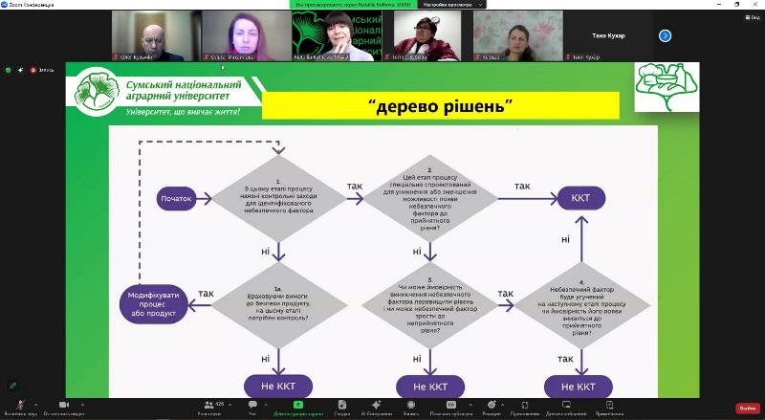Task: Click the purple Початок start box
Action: click(x=177, y=199)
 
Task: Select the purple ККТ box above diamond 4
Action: click(x=580, y=199)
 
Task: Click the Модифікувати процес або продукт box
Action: click(x=153, y=304)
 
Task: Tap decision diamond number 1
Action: click(x=277, y=198)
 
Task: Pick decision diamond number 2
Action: click(x=417, y=198)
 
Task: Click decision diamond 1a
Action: click(x=277, y=305)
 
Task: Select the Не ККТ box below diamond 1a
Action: click(x=277, y=387)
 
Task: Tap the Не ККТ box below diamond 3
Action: click(x=425, y=387)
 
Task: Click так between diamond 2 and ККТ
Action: click(x=522, y=186)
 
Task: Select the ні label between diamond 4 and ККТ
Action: click(x=566, y=239)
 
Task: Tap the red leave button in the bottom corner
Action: click(x=747, y=408)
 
